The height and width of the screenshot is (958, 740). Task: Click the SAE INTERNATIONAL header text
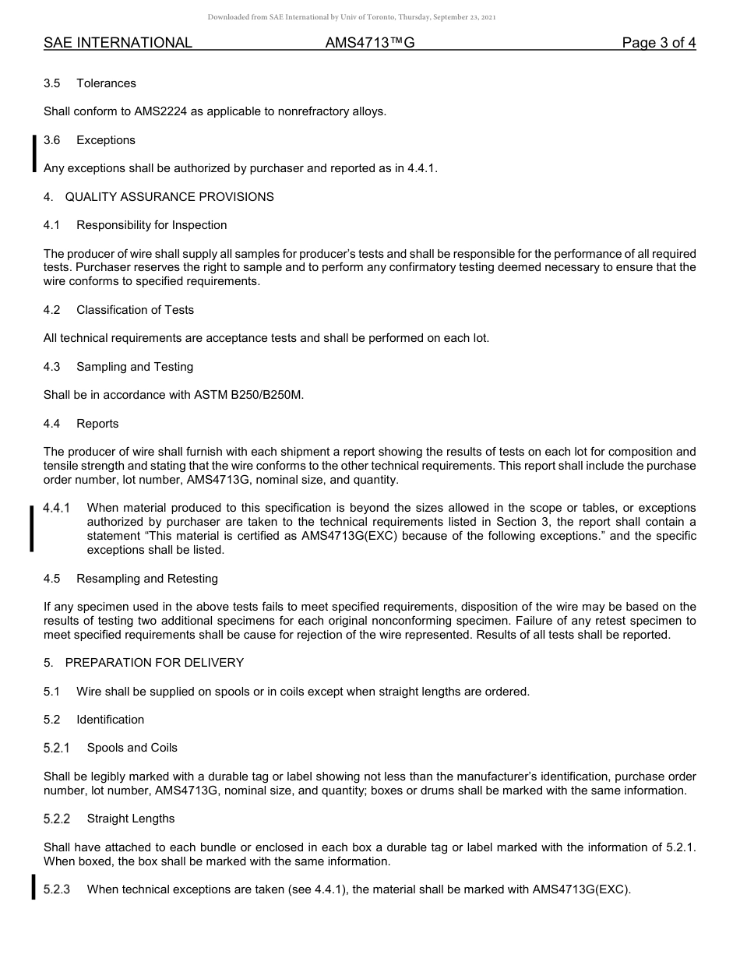118,43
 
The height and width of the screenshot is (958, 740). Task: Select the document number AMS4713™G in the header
369,43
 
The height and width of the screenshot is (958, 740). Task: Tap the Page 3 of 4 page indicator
658,43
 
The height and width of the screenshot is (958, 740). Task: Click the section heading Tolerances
106,83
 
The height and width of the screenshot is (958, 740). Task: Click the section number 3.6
52,140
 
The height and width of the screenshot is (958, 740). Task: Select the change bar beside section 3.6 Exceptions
33,153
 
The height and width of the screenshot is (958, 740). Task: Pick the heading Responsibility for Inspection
151,225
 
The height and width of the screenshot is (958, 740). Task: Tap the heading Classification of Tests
135,310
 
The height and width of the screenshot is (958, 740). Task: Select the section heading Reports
97,424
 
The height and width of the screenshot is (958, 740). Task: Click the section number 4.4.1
57,509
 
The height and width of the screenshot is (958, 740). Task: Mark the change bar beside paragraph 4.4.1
32,528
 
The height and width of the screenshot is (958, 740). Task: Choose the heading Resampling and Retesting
146,579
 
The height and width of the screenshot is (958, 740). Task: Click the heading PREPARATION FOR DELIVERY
154,663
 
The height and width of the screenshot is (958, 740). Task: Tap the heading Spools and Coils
132,748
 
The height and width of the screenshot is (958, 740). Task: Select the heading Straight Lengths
130,819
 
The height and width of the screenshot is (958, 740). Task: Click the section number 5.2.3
57,889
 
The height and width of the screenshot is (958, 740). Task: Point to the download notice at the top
351,16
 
